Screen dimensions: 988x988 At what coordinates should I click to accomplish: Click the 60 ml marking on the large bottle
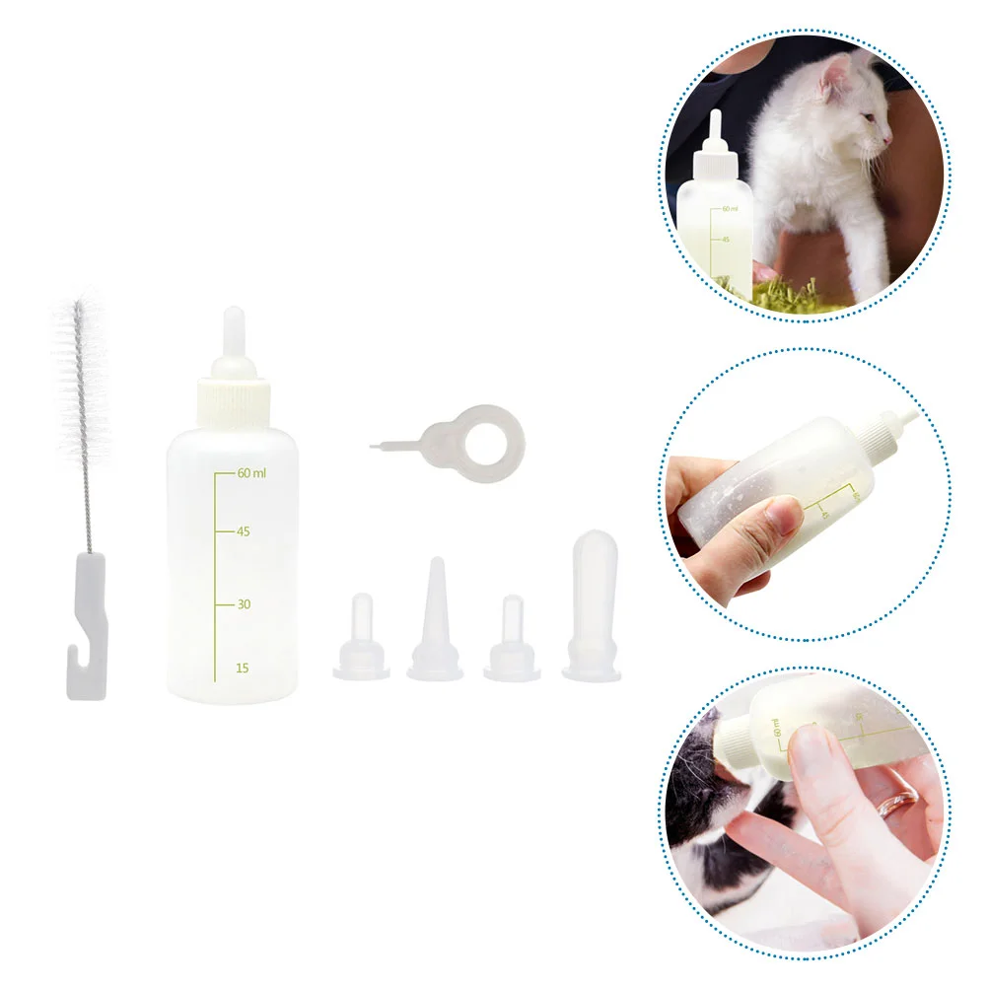coord(250,473)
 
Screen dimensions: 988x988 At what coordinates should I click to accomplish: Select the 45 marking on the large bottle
coord(243,531)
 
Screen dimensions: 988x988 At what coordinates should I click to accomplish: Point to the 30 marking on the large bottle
coord(243,604)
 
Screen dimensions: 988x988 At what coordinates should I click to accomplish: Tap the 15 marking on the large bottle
coord(242,668)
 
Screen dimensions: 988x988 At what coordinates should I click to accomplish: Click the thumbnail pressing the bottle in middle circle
coord(784,513)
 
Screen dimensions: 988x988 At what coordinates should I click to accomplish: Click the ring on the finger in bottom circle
coord(898,801)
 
